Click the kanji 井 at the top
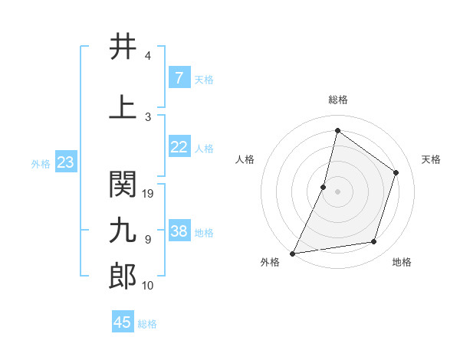click(123, 47)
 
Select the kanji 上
click(123, 108)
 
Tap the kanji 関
click(123, 185)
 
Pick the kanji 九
click(123, 230)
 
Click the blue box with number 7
click(179, 77)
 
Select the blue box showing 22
click(179, 147)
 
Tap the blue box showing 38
click(179, 231)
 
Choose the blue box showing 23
click(65, 162)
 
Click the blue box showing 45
click(123, 322)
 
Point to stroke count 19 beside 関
click(149, 194)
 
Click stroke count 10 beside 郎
click(149, 286)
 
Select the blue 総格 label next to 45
click(148, 324)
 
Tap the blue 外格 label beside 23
click(41, 163)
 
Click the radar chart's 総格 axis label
click(338, 100)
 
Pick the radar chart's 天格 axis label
click(432, 159)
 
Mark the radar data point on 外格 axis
click(292, 254)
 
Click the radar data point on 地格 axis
click(374, 242)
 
